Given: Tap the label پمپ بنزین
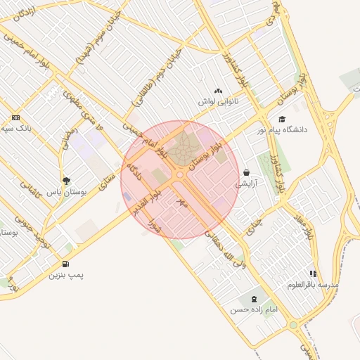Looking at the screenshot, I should coord(65,275).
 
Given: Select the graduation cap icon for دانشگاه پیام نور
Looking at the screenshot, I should coord(282,120).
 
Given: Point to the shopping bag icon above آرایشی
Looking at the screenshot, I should coord(247,172).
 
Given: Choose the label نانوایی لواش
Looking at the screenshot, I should coord(215,102).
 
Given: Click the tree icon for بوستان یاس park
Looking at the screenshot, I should coord(66,181).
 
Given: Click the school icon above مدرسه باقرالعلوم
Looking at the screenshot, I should coord(313,274).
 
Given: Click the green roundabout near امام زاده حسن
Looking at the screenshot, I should coord(292,325).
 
